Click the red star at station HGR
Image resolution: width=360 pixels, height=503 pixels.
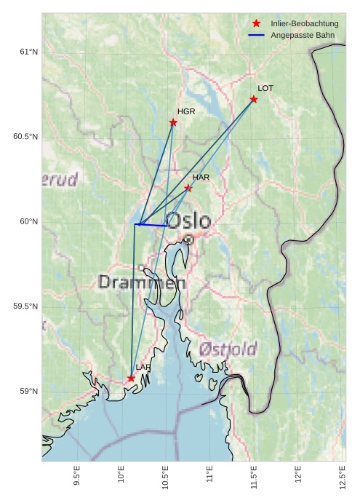(x=173, y=122)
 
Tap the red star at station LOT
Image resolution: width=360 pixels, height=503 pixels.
(x=254, y=99)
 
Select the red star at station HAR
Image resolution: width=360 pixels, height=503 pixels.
(x=188, y=188)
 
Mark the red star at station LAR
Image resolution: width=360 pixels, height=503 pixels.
(x=131, y=379)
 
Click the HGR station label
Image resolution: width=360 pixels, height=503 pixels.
(x=186, y=111)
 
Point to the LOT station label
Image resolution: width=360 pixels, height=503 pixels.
(x=265, y=88)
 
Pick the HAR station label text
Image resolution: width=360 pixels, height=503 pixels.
(x=201, y=177)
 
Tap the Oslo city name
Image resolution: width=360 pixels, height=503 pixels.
(x=188, y=221)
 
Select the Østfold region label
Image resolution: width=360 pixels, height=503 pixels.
(x=228, y=349)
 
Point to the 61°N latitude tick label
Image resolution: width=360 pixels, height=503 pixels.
(x=28, y=52)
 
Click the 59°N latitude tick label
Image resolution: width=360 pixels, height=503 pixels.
(x=28, y=392)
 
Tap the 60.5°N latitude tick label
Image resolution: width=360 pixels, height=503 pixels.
(x=25, y=137)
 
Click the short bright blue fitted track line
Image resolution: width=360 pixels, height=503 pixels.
(x=153, y=225)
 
